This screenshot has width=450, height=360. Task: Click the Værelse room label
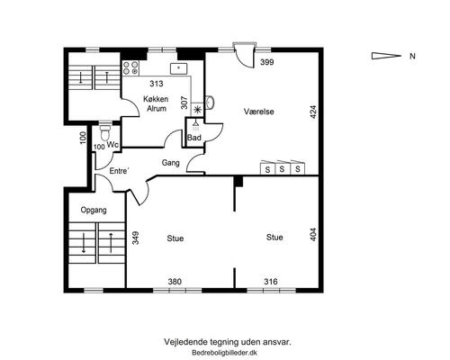258,112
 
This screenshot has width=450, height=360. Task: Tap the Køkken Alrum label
156,103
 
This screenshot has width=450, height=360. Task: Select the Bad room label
194,138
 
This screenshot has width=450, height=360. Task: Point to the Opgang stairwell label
94,210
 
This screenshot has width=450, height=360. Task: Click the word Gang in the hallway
170,163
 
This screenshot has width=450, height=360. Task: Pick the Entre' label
120,171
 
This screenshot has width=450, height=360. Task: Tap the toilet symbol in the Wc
104,132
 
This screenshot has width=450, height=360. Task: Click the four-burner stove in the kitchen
130,67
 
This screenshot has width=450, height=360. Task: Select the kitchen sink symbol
178,68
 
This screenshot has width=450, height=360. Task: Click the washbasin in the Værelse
210,102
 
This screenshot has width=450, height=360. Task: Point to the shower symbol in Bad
195,125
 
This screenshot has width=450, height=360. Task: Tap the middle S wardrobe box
282,167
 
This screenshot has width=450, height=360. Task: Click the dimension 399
267,62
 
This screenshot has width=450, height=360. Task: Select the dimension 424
313,112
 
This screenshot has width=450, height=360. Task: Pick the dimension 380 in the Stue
175,282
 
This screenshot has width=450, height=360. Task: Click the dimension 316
271,282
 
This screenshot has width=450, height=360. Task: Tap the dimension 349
136,238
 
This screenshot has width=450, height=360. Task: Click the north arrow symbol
386,56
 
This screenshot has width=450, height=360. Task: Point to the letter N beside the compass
413,56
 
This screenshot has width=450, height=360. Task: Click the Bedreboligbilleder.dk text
224,353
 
